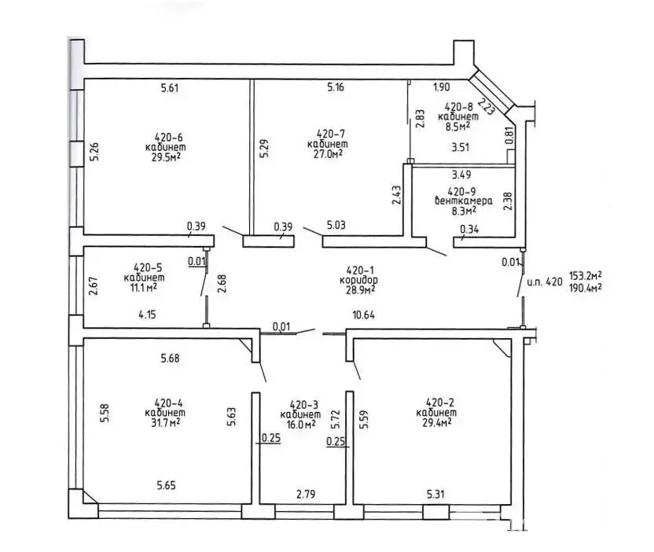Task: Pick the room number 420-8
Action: (458, 106)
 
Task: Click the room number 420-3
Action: (303, 404)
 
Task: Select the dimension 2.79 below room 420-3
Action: (307, 495)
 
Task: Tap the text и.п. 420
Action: (544, 281)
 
